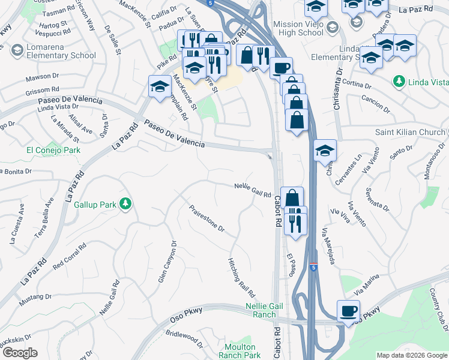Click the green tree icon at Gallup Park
point(125,205)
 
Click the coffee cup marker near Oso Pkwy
point(348,311)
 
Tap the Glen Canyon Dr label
point(167,263)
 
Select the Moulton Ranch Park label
point(243,351)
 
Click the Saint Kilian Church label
point(409,132)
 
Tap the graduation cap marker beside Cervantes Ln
point(325,150)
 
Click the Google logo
point(20,352)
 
